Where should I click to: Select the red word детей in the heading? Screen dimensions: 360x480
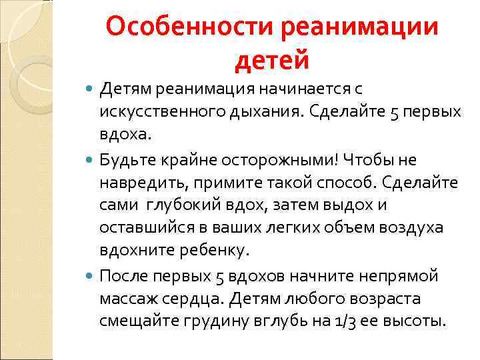click(x=272, y=61)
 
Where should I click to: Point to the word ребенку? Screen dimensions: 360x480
click(x=214, y=251)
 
